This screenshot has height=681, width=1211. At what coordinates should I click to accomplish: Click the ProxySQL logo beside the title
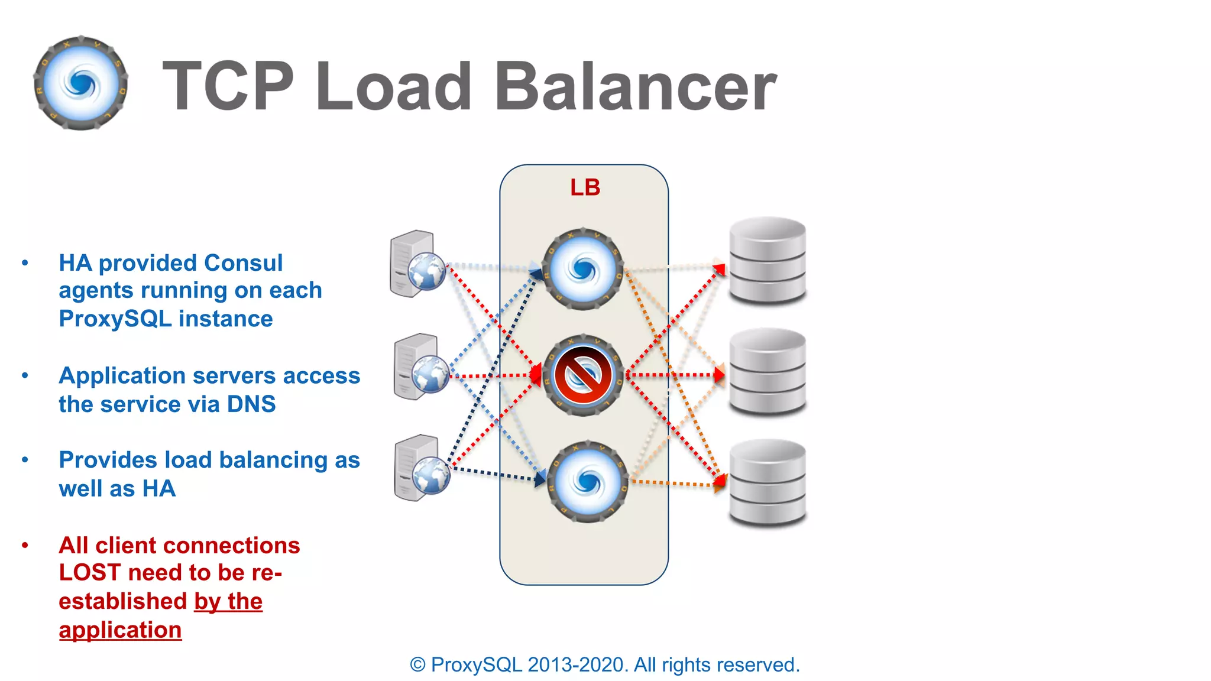[81, 83]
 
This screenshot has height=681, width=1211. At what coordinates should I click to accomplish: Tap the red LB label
[585, 188]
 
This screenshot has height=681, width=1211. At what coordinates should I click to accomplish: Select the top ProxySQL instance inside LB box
[582, 270]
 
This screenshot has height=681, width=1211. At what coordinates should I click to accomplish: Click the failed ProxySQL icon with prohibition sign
[582, 375]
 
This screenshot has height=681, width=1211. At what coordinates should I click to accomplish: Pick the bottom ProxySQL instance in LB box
[587, 481]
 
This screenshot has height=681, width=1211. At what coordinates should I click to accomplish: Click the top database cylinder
[767, 260]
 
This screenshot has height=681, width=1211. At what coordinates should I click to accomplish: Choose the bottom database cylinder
[767, 482]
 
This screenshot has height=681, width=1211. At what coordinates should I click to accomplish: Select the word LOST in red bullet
[90, 573]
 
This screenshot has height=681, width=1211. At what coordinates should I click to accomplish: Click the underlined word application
[120, 630]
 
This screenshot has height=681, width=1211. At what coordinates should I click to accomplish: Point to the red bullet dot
[25, 545]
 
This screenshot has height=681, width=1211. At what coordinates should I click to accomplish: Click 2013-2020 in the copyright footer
[577, 665]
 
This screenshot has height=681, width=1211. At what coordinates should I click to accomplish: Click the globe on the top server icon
[427, 271]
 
